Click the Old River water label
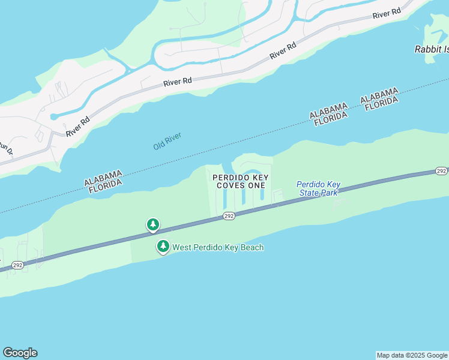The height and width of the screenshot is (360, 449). [x=167, y=142]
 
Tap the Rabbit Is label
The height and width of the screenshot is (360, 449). [x=431, y=49]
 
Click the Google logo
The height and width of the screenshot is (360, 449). [x=20, y=353]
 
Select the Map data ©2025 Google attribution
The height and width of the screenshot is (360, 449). [x=411, y=355]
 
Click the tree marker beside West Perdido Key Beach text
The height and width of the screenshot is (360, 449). [x=163, y=246]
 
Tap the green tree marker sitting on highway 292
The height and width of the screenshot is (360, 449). [x=153, y=225]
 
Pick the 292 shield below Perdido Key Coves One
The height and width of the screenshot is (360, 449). [x=229, y=216]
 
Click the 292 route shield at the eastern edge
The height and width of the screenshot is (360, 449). [x=441, y=171]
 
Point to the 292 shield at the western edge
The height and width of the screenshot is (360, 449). [x=18, y=265]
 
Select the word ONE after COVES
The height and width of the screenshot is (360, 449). [x=256, y=186]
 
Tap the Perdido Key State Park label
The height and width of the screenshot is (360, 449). [x=319, y=188]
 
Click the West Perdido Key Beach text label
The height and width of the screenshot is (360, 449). [x=218, y=247]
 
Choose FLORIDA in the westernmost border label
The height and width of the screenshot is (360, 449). [x=106, y=187]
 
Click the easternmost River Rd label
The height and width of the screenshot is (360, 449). [x=387, y=14]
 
